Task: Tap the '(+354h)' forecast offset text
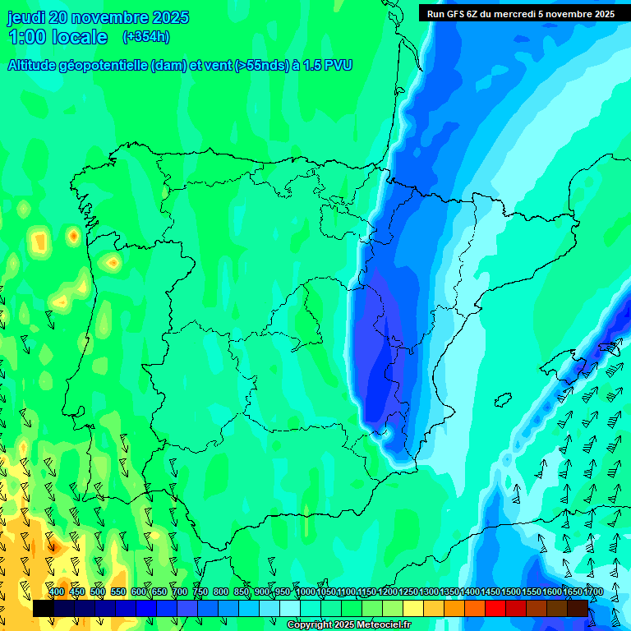[x=146, y=36]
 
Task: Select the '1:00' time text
[x=26, y=37]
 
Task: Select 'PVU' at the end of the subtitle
[x=339, y=66]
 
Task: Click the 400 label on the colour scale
[x=56, y=592]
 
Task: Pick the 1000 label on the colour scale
[x=306, y=592]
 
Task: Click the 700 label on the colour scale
[x=180, y=592]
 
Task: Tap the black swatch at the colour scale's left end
[x=44, y=608]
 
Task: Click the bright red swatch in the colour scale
[x=495, y=608]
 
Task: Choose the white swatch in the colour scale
[x=290, y=608]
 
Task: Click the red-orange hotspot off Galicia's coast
[x=74, y=237]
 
